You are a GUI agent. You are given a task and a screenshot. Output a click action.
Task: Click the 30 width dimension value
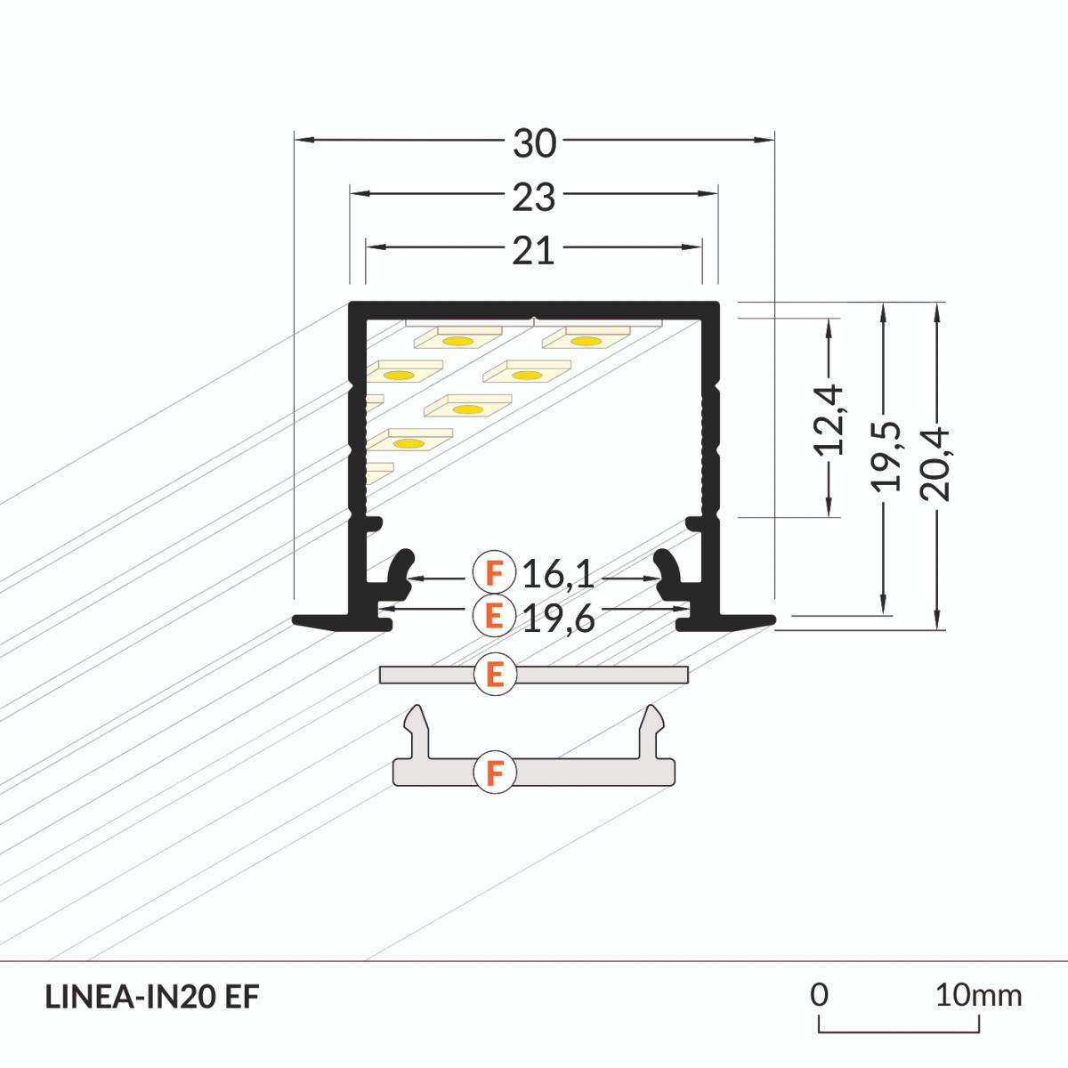534,143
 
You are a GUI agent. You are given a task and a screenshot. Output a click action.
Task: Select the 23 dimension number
534,197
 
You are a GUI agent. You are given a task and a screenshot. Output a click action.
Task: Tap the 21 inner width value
534,251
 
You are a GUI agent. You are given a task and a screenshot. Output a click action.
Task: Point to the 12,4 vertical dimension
831,418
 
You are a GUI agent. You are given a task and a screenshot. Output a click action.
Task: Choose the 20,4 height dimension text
937,464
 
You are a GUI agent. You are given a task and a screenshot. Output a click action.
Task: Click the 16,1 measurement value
558,575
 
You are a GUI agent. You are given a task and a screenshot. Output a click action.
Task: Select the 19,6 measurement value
558,617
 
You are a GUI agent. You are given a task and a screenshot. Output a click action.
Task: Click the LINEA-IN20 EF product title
151,997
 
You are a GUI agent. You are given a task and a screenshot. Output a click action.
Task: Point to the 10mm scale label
978,994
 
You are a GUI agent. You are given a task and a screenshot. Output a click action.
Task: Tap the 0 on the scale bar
820,994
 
